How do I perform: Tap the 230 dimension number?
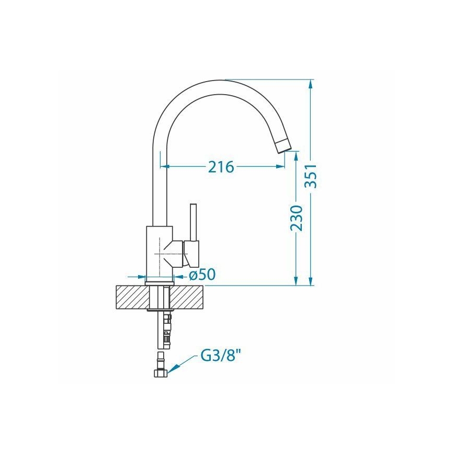point(296,219)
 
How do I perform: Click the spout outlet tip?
point(282,145)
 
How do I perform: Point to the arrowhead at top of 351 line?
point(312,84)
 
